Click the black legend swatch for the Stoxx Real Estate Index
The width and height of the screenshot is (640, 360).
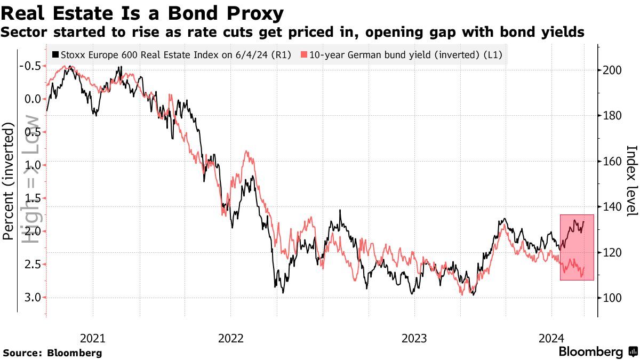point(55,54)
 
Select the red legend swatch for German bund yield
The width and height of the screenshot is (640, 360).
point(304,54)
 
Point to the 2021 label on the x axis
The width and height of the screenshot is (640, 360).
point(92,338)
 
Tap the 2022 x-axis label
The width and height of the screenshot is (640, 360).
point(231,338)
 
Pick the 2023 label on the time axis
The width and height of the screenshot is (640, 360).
point(414,338)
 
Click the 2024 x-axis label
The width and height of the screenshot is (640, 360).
point(551,338)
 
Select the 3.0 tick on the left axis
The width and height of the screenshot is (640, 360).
point(32,298)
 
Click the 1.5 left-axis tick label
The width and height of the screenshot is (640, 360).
point(32,198)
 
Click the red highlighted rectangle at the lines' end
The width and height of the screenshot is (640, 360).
point(577,247)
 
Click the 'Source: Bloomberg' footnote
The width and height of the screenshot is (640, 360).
point(52,353)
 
